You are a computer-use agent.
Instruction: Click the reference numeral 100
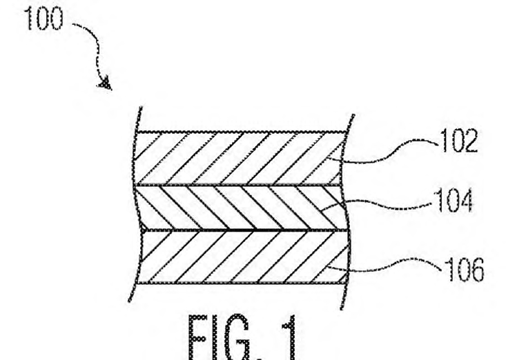click(x=43, y=19)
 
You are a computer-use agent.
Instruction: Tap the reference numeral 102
click(x=458, y=141)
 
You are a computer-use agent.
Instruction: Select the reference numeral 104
click(x=454, y=201)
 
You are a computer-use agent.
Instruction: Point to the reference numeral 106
click(x=465, y=270)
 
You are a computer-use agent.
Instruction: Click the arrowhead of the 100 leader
click(x=106, y=84)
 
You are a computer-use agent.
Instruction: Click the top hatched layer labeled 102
click(x=239, y=158)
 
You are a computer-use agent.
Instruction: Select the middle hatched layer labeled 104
click(x=240, y=208)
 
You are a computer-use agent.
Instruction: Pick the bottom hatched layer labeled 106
click(x=243, y=257)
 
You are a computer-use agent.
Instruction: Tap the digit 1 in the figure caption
click(x=289, y=338)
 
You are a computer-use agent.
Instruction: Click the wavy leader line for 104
click(x=378, y=205)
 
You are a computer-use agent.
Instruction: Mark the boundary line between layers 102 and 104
click(x=238, y=186)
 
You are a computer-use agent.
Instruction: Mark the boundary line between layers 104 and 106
click(x=245, y=230)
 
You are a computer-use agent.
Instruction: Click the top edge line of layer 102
click(x=241, y=132)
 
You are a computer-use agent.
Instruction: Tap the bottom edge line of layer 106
click(x=242, y=283)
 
